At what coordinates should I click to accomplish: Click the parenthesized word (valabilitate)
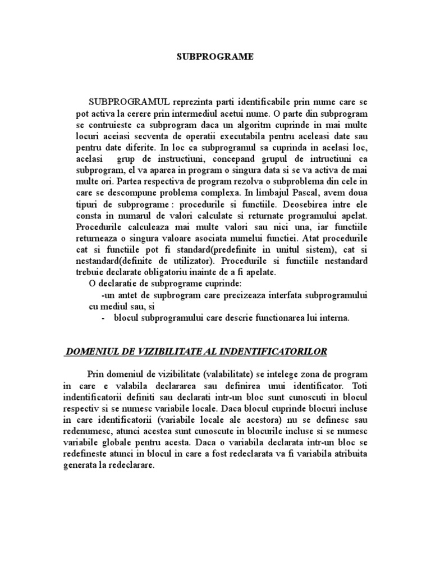pyautogui.click(x=228, y=375)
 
